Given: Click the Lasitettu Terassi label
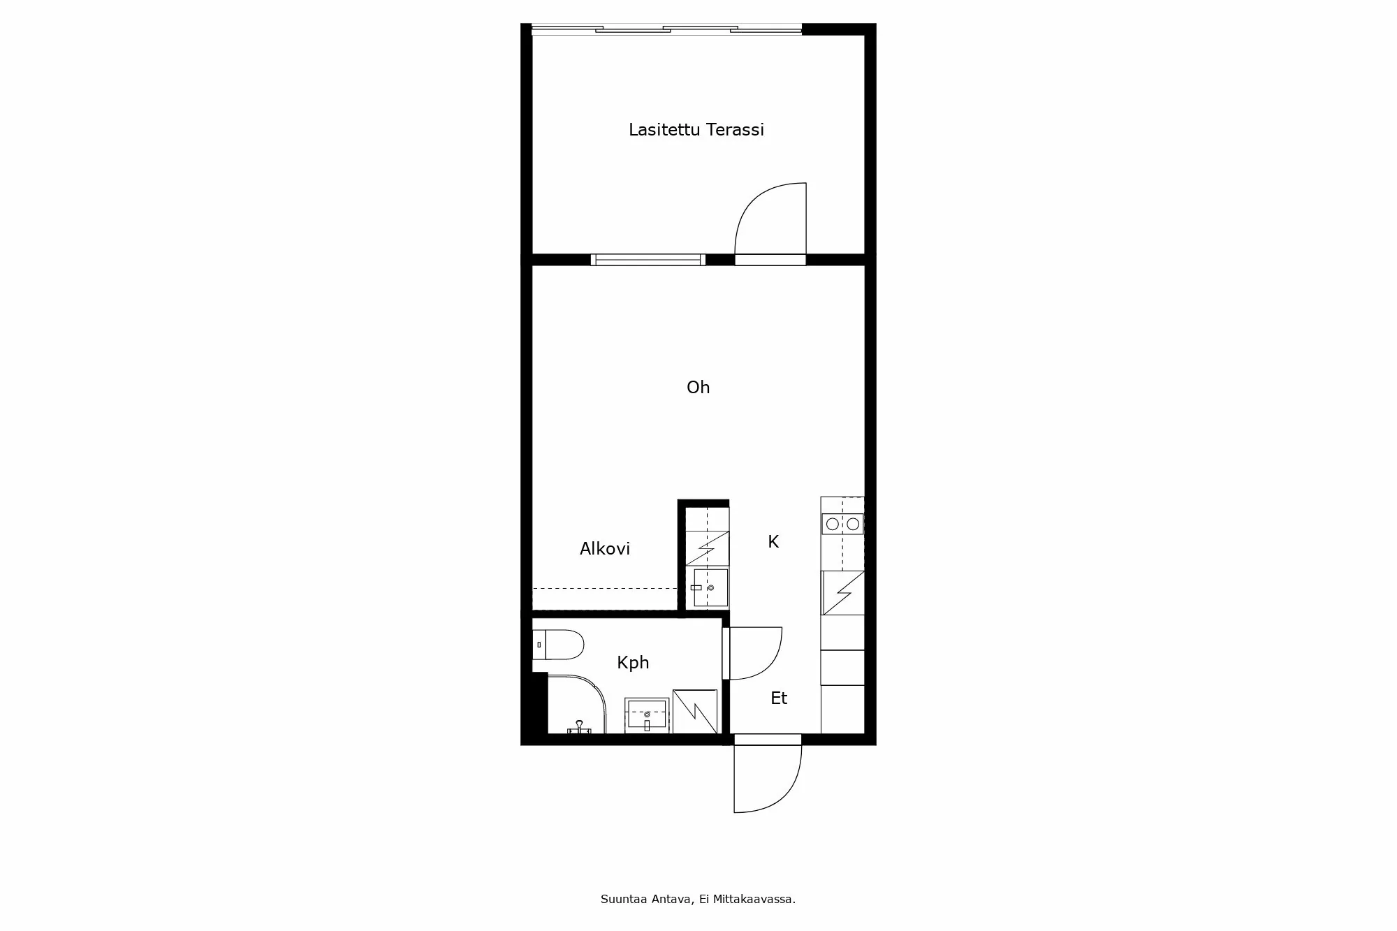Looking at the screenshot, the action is [696, 130].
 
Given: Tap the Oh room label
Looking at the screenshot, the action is [698, 388].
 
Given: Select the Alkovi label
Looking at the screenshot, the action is [605, 549].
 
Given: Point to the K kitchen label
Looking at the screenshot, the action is [773, 542].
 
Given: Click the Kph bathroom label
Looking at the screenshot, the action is [633, 663].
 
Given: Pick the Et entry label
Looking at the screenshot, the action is [779, 698].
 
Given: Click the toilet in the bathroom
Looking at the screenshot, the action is [557, 645].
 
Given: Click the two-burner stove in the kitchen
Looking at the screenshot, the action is [842, 524].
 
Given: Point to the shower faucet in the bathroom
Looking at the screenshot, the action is [579, 727].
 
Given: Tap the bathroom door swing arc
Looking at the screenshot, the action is [766, 664].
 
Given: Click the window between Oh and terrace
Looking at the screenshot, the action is [648, 260].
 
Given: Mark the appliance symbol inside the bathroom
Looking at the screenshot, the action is [695, 712].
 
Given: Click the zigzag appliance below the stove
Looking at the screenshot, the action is [843, 593].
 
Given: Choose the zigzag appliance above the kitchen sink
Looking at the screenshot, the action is [707, 548].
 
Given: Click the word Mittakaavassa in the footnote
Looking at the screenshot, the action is [754, 900].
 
